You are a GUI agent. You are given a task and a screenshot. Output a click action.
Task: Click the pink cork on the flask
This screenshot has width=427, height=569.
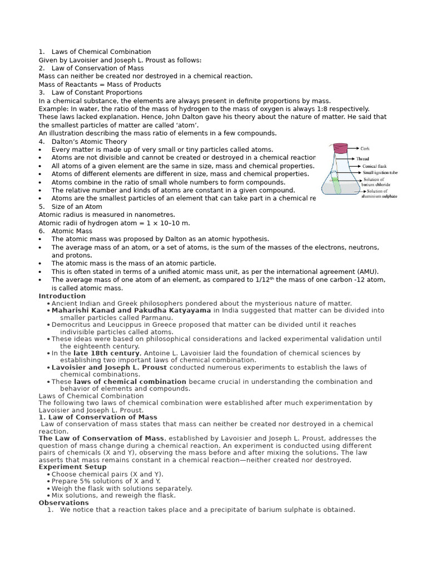(x=340, y=148)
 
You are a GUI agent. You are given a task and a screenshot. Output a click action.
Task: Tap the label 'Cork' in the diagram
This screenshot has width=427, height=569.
(x=365, y=149)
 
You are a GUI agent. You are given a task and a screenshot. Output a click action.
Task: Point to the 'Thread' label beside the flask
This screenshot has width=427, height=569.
(x=362, y=159)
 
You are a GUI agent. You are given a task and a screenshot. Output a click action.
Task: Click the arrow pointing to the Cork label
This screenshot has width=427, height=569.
(x=352, y=149)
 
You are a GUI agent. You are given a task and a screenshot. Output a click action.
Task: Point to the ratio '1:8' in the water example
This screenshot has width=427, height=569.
(x=313, y=109)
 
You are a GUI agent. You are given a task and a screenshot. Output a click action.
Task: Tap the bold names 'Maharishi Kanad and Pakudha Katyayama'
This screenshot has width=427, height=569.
(x=131, y=311)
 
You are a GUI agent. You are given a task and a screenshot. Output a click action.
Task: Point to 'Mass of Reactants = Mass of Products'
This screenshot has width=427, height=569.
(x=100, y=84)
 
